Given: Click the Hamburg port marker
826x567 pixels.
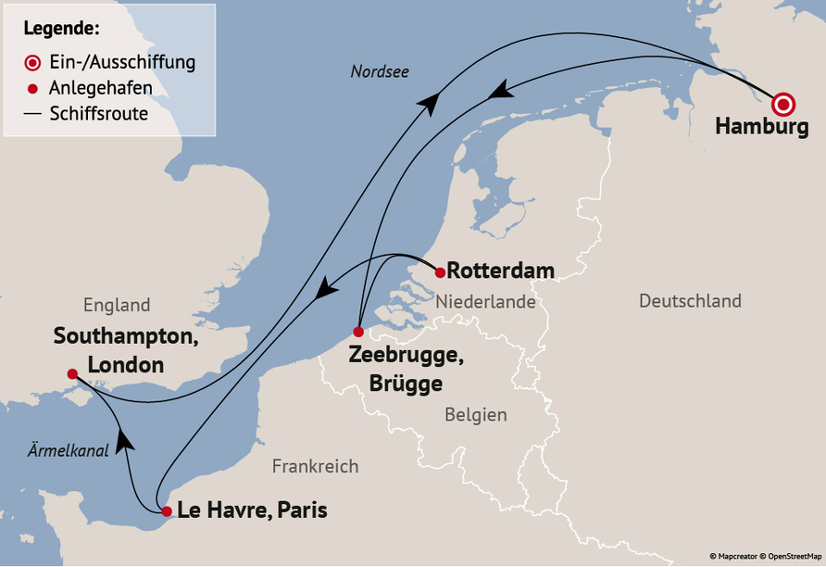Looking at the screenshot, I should point(783,104).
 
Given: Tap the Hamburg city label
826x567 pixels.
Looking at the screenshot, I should point(761,129).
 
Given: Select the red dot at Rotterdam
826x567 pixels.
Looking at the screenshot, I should point(440,272).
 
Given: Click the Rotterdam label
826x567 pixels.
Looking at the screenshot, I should point(501,271).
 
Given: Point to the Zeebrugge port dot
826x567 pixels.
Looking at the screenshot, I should point(358,333).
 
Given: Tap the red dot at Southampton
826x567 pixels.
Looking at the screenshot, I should point(72,374).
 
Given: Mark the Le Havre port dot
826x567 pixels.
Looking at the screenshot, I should point(166,511).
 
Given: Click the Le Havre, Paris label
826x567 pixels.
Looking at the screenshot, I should point(251,510).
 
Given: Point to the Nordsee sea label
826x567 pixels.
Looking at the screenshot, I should point(380,71).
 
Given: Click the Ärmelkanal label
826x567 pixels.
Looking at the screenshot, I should point(68,450).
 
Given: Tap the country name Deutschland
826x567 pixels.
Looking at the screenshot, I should point(690,301).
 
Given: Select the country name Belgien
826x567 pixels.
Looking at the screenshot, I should point(475,414).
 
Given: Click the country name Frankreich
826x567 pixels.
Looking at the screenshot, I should point(315,466).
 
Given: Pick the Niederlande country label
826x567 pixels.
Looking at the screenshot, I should point(485,302).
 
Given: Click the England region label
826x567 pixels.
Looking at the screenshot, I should point(116,305).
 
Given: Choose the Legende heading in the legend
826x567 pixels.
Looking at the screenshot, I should point(62,29).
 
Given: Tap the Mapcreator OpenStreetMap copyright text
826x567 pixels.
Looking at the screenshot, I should point(765,556).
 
